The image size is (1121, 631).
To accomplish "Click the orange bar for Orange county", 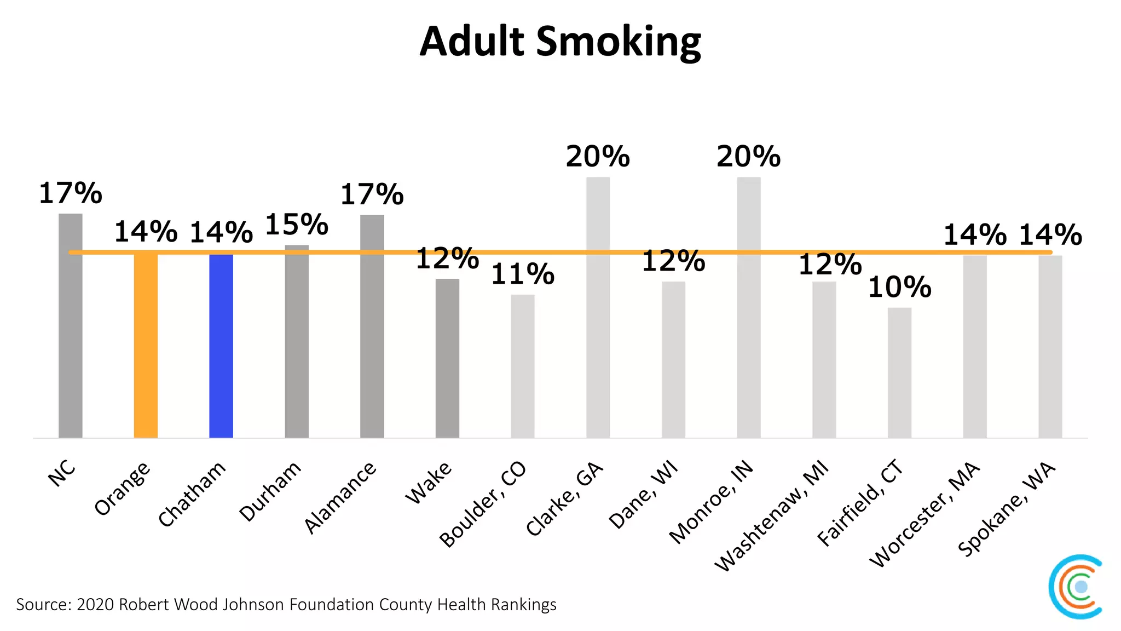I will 146,345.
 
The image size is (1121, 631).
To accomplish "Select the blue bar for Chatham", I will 221,345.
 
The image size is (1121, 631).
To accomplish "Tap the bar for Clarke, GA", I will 598,307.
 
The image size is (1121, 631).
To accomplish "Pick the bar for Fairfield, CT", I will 899,372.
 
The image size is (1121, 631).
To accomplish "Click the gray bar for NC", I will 71,326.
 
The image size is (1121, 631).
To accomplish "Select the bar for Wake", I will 447,358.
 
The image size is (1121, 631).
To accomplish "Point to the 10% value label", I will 899,287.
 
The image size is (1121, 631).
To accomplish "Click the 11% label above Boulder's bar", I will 522,274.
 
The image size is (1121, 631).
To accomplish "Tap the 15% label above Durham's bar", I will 296,225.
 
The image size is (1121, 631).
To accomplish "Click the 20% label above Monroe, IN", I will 748,157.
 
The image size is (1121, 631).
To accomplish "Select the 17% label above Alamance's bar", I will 372,194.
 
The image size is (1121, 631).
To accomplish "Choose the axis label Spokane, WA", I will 1006,509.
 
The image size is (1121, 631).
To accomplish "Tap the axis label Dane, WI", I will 643,495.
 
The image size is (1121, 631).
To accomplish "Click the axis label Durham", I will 270,491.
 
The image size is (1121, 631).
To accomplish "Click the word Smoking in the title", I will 619,42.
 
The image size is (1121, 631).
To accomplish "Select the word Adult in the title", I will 472,42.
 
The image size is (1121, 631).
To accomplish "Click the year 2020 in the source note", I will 95,605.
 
